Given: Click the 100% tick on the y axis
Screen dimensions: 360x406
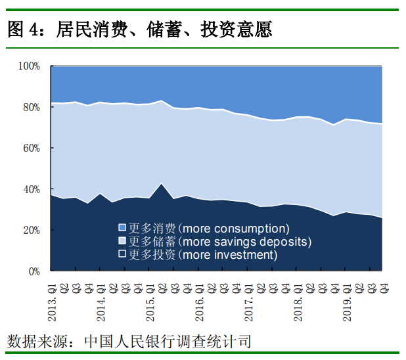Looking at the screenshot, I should coord(30,66).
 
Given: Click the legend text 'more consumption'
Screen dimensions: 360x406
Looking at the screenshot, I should coord(235,229).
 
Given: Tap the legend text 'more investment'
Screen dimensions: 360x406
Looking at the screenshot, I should coord(229,254).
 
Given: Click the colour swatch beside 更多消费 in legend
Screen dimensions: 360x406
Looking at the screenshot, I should coord(122,228).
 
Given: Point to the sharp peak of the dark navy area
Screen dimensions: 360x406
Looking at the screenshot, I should coord(162,184).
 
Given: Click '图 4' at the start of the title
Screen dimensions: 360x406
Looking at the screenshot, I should coord(22,30).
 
